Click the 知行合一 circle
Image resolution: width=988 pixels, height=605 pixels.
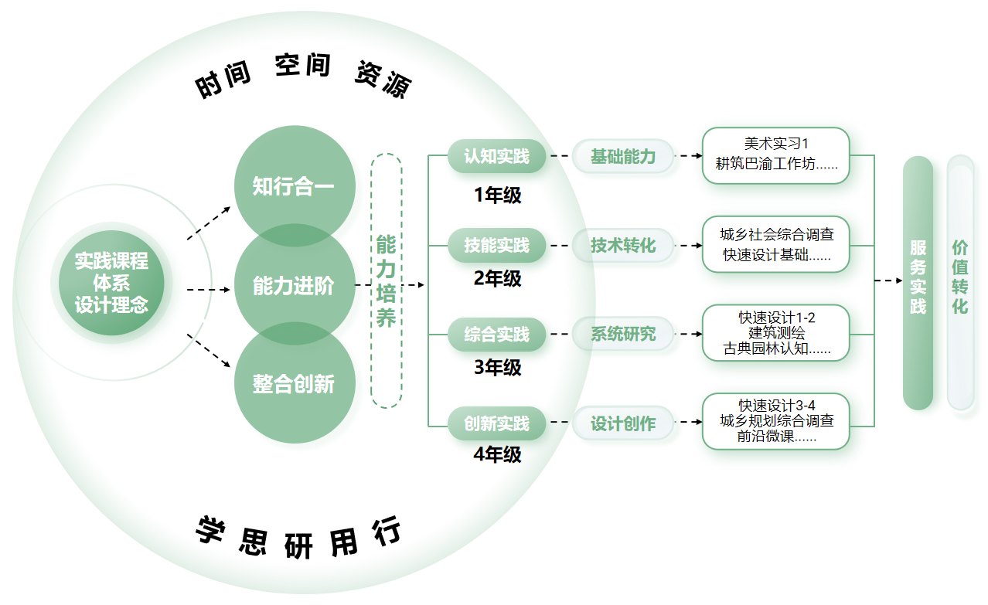pos(294,185)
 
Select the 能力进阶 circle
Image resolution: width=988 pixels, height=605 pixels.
pos(294,285)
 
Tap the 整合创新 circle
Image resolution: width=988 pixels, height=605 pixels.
pos(294,383)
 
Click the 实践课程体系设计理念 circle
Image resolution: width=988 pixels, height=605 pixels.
pos(111,283)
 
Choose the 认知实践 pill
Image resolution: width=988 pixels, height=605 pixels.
pos(497,157)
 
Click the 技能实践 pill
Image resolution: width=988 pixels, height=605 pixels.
pos(497,246)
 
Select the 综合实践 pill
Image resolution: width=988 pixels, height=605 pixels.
pos(497,335)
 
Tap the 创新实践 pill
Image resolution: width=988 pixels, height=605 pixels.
pos(497,423)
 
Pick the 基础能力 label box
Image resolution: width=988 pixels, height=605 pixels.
pos(623,157)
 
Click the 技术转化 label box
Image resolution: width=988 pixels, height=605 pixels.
pos(623,246)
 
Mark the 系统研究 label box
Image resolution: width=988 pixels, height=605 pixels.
pos(623,335)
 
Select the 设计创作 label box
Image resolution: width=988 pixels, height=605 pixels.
pos(623,423)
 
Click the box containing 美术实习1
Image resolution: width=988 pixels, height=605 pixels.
pos(776,155)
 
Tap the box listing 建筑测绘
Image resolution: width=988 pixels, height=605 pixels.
pos(776,333)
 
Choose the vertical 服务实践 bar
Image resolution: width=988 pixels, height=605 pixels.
pos(918,282)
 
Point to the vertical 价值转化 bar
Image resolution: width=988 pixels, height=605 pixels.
pos(960,282)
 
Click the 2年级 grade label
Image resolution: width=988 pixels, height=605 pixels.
pos(497,278)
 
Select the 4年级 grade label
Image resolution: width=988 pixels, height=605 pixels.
pos(497,455)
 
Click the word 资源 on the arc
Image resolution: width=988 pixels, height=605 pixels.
pos(383,79)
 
